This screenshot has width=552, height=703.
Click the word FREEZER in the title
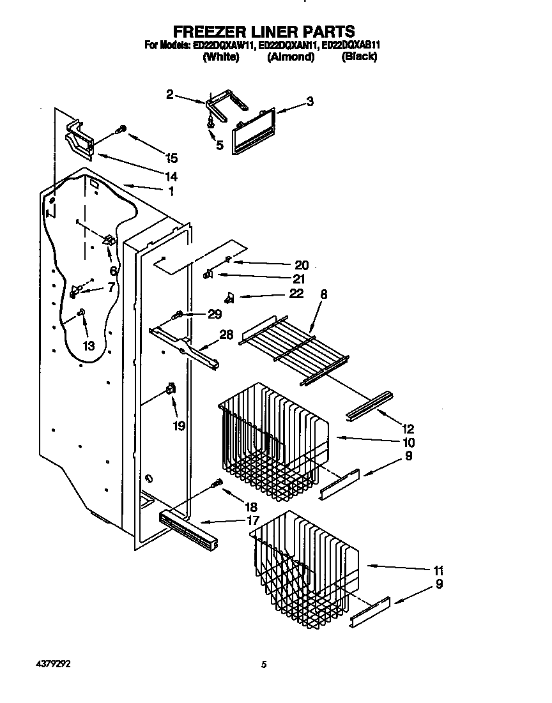click(x=211, y=31)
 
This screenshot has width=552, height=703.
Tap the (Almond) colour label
click(x=291, y=57)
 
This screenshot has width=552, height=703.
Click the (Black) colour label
click(x=359, y=57)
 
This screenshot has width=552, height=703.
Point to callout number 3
click(x=310, y=101)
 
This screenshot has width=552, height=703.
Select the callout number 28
click(x=227, y=335)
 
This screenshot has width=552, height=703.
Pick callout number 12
click(x=408, y=428)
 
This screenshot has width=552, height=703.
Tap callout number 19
click(x=179, y=425)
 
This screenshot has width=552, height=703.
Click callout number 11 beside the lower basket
click(x=438, y=570)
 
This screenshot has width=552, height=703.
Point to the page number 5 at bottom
click(x=263, y=664)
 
